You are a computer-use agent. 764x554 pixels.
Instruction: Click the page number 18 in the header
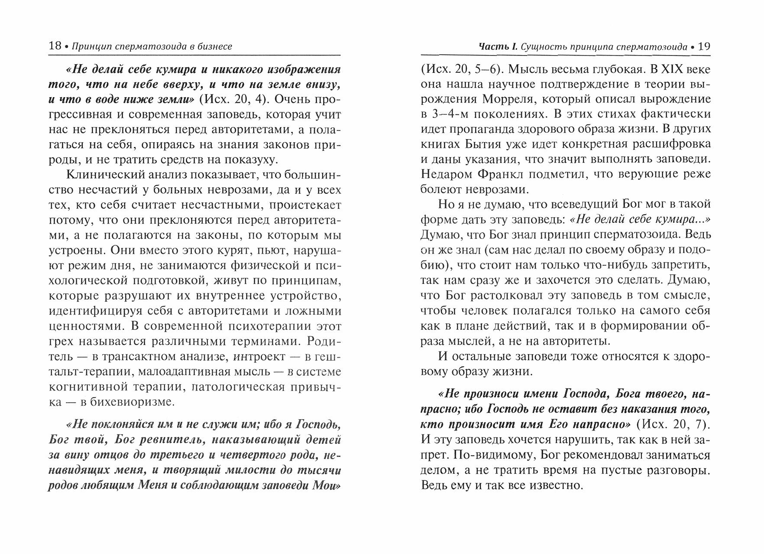(x=55, y=46)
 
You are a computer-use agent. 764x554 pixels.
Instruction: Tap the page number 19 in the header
(x=704, y=46)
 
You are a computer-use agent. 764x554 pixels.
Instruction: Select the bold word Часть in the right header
(x=493, y=46)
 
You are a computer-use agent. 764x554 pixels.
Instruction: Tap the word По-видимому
(x=487, y=455)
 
